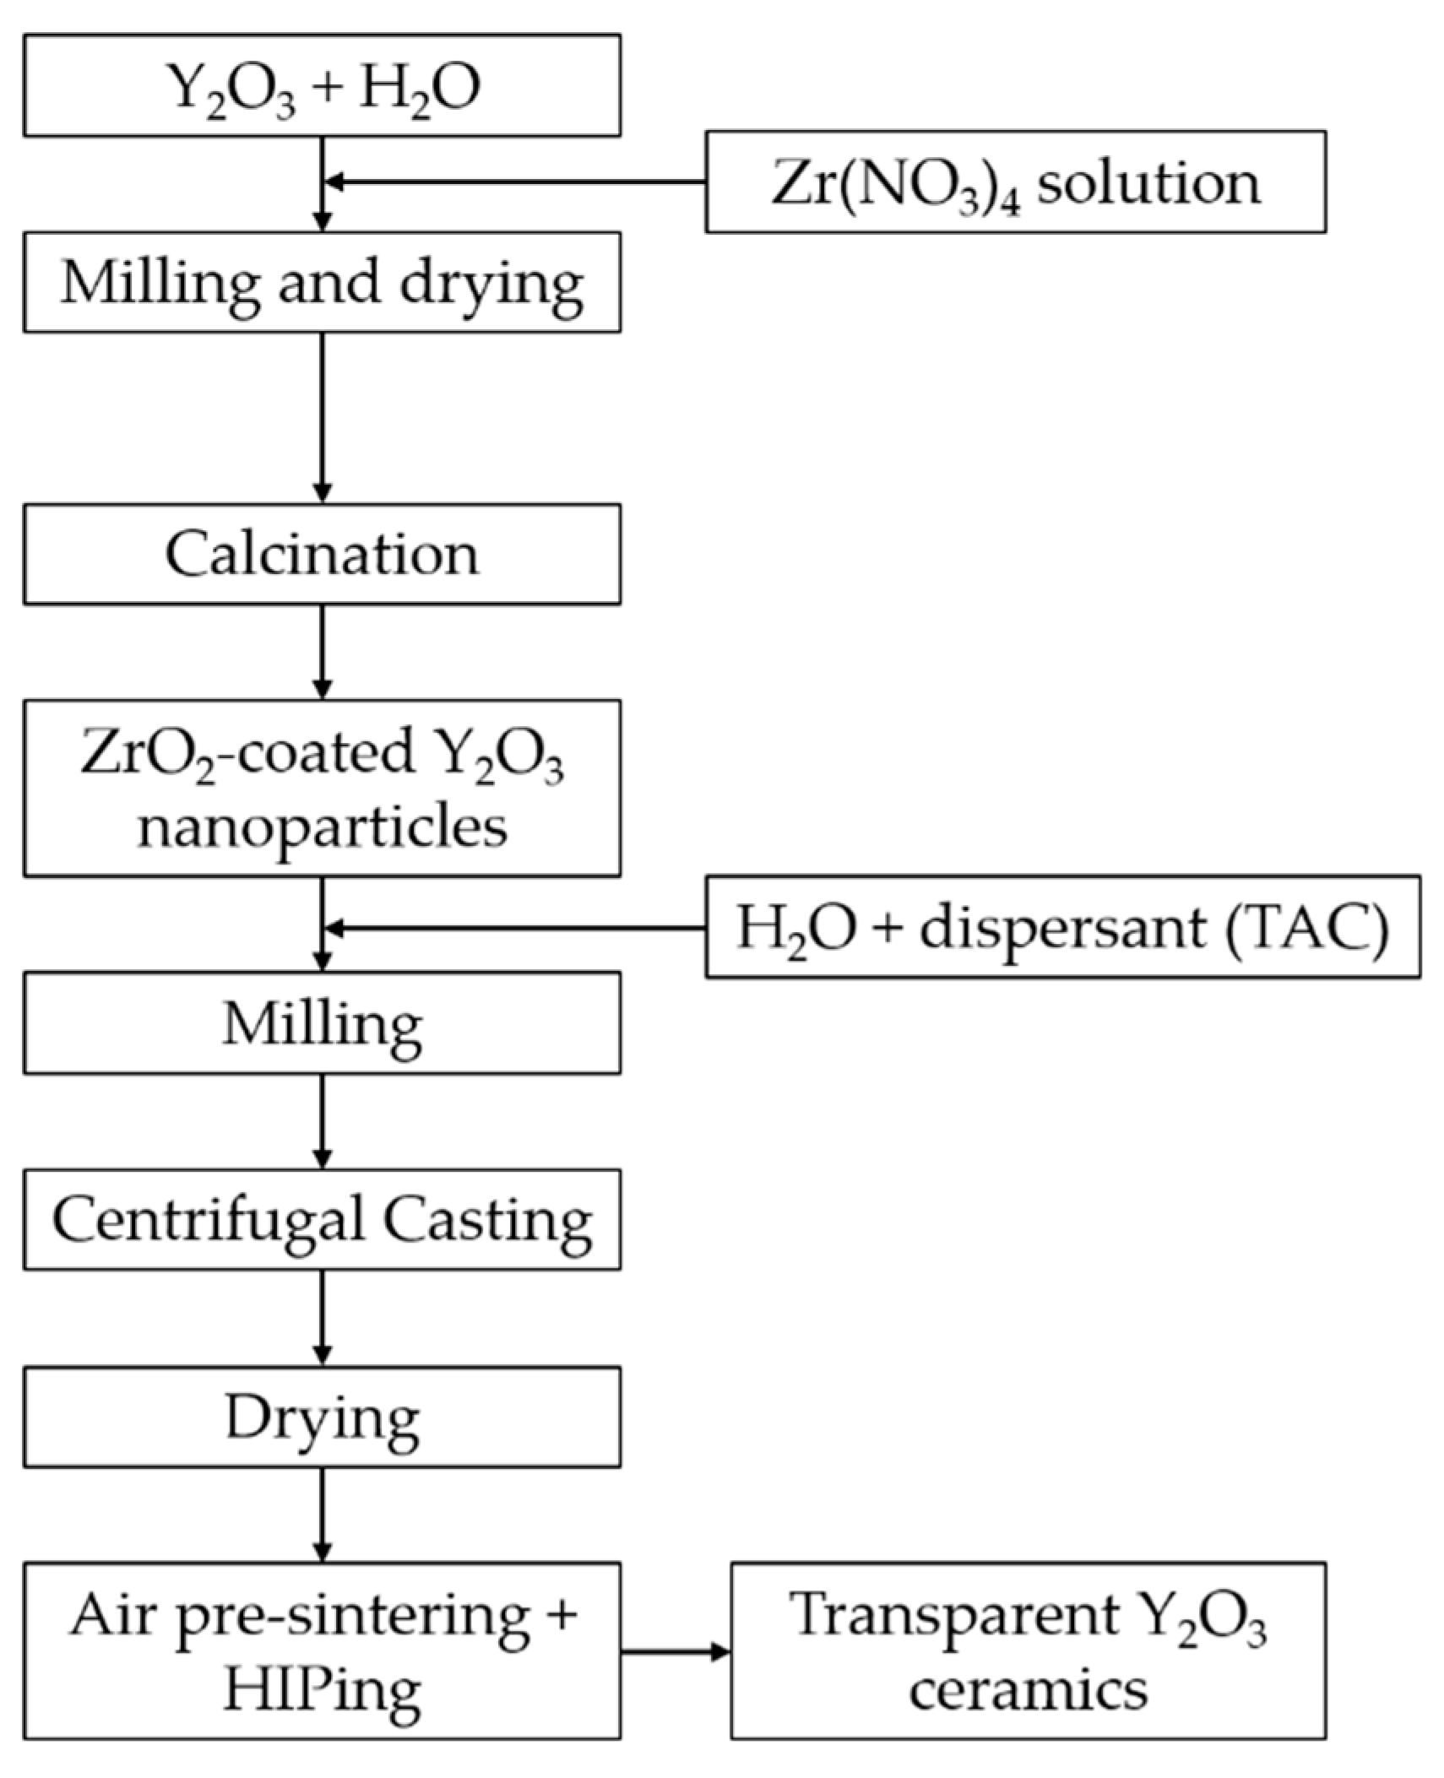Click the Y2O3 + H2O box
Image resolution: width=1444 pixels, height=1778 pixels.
coord(322,85)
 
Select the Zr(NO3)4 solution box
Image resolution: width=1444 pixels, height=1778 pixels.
coord(1015,182)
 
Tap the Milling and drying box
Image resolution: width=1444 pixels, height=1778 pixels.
coord(322,282)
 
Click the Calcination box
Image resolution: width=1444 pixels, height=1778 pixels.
coord(322,554)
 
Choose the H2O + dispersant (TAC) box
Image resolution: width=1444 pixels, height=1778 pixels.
coord(1062,927)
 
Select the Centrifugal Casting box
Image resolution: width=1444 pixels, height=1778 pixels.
coord(322,1219)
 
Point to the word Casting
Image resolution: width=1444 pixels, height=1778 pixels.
coord(487,1219)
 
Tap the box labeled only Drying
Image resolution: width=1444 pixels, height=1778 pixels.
coord(322,1417)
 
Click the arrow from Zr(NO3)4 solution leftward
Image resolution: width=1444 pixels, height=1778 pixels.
coord(515,182)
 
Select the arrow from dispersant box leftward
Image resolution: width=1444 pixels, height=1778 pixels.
coord(515,928)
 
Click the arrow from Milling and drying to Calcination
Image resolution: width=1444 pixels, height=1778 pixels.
coord(322,417)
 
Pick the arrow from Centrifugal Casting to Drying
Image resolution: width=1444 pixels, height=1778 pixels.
coord(322,1317)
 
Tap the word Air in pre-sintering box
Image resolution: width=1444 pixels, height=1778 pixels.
coord(112,1615)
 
